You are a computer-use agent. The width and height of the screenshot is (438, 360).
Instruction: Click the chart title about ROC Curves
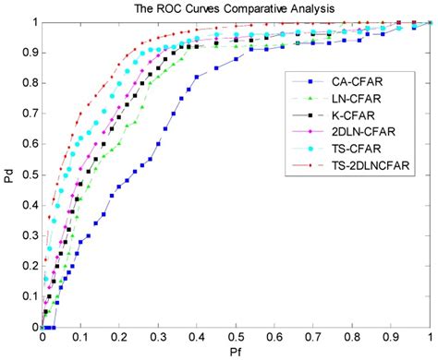(x=235, y=8)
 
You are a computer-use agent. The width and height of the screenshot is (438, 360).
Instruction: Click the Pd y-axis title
(x=8, y=173)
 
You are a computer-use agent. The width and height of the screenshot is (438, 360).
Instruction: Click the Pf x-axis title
(x=237, y=354)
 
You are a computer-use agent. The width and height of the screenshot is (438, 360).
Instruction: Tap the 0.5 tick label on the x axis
(x=237, y=337)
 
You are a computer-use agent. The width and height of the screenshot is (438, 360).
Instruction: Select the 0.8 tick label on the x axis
(x=353, y=337)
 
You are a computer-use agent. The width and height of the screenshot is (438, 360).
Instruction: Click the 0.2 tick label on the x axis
(x=121, y=337)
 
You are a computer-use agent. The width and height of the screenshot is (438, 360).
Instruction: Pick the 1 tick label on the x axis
(x=430, y=337)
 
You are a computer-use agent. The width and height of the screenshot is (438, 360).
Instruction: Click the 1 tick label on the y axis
(x=34, y=22)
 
